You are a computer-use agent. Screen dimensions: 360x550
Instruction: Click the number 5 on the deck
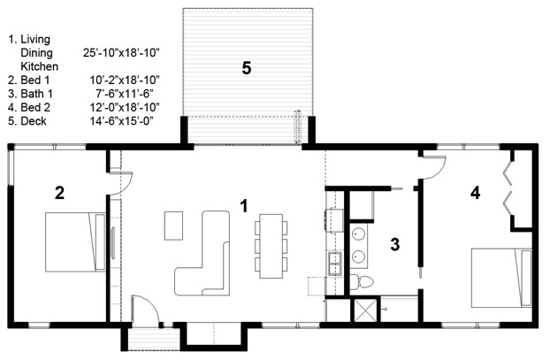(x=247, y=67)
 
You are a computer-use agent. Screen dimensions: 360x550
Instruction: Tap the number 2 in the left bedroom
(x=59, y=192)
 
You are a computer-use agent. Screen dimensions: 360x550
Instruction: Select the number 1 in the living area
(x=244, y=205)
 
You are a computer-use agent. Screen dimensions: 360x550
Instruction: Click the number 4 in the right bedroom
(x=476, y=191)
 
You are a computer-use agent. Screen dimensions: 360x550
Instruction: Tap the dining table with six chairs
(x=270, y=241)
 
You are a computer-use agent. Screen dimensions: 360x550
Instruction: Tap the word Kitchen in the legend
(x=39, y=66)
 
